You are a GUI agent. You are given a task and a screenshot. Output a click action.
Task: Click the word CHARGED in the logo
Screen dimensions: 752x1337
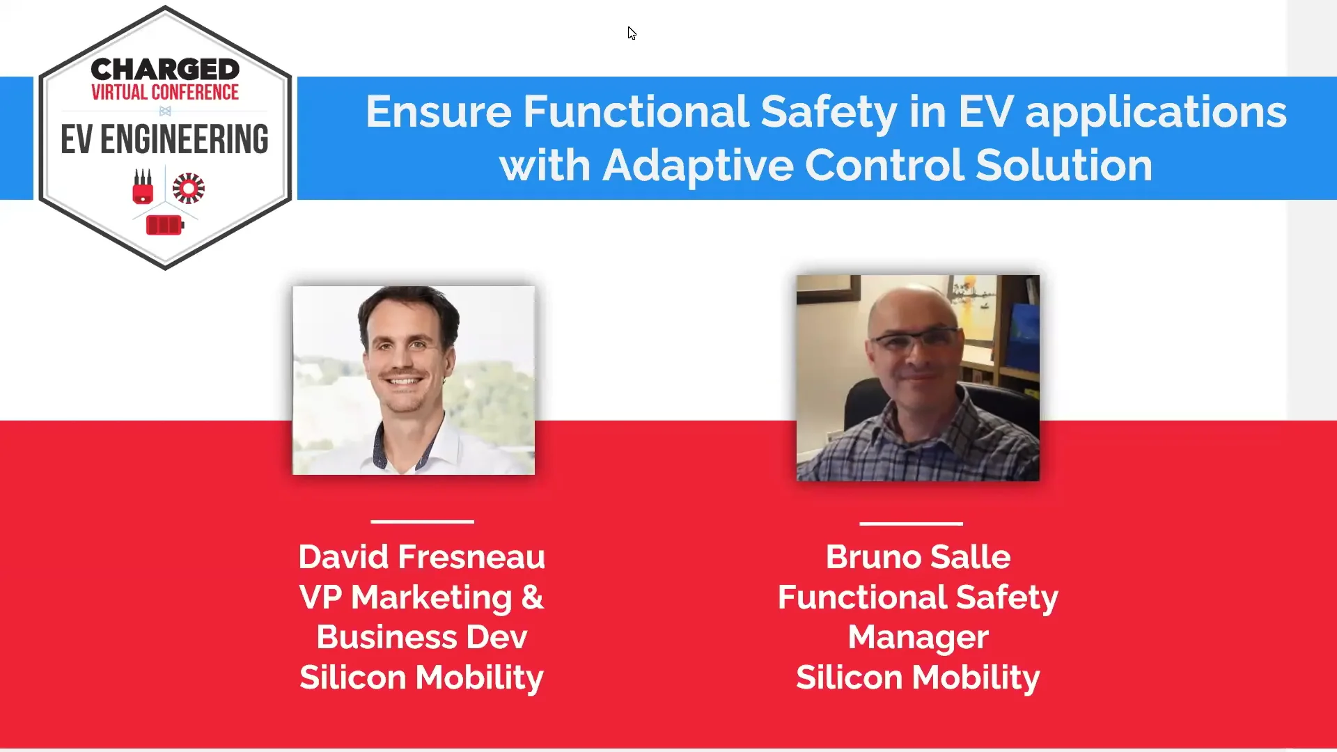pyautogui.click(x=165, y=70)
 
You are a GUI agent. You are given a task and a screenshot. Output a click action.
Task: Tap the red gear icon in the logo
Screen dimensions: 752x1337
pyautogui.click(x=188, y=188)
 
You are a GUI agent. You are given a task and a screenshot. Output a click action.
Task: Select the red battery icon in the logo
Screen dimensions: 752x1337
pyautogui.click(x=164, y=225)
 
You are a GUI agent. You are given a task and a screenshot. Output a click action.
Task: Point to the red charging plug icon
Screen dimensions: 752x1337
pyautogui.click(x=143, y=187)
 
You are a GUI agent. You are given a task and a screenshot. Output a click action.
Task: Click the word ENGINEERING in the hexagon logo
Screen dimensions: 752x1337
pyautogui.click(x=185, y=139)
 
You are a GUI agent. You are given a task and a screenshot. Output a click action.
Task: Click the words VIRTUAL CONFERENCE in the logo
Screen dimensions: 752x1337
pyautogui.click(x=165, y=93)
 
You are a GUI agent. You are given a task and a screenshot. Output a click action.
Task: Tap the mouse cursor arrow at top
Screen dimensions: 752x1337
pyautogui.click(x=631, y=33)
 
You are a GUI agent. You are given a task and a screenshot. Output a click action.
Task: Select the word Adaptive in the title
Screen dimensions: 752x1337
pyautogui.click(x=698, y=166)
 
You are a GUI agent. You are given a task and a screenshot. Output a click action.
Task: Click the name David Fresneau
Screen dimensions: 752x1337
pyautogui.click(x=421, y=557)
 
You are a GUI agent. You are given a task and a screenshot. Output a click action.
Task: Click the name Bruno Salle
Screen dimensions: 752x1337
pyautogui.click(x=918, y=557)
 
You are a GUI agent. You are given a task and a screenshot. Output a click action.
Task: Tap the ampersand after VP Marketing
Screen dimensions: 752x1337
pyautogui.click(x=532, y=597)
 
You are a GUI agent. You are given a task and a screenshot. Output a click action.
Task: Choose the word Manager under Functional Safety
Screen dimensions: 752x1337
pyautogui.click(x=918, y=637)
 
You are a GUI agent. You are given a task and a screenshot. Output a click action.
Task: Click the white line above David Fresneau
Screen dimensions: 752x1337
pyautogui.click(x=422, y=521)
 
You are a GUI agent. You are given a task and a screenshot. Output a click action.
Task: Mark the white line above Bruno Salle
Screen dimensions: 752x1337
pyautogui.click(x=911, y=523)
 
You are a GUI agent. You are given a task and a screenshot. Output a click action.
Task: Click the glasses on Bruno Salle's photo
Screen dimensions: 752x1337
pyautogui.click(x=916, y=341)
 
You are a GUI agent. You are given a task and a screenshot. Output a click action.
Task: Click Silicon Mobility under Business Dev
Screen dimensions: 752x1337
pyautogui.click(x=421, y=677)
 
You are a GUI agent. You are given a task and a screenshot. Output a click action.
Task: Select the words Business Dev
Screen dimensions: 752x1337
pyautogui.click(x=421, y=637)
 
